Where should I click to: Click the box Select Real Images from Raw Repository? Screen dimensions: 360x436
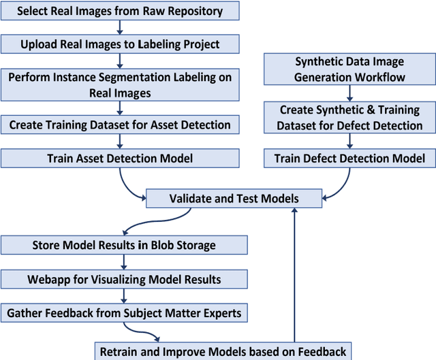coord(120,11)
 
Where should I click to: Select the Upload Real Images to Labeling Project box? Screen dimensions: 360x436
coord(120,44)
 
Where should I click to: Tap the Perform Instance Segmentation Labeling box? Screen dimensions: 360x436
coord(120,84)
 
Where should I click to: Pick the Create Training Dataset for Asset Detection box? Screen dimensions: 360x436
coord(120,125)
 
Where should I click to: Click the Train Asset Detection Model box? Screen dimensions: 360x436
coord(120,159)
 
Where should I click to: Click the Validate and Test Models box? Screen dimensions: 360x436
coord(234,199)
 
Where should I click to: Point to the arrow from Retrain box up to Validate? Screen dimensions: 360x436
coord(294,272)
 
